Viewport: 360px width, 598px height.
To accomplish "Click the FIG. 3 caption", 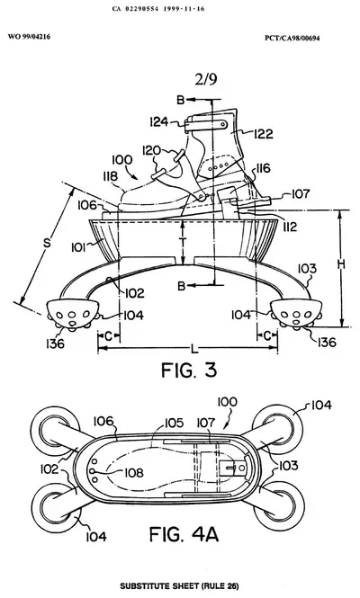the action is [x=189, y=370].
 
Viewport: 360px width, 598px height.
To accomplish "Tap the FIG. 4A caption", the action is [x=184, y=534].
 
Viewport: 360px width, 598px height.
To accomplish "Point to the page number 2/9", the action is [x=206, y=79].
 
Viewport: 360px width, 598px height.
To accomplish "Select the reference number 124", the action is [x=158, y=121].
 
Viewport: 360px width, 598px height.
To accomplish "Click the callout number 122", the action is [x=264, y=134].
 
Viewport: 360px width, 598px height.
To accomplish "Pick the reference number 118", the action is [x=110, y=176].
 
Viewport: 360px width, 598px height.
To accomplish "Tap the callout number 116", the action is [x=262, y=168].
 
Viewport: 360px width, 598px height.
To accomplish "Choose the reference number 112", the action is [x=290, y=228].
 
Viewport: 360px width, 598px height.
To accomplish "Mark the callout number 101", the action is [x=77, y=248].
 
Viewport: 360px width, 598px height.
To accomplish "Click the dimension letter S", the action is [x=47, y=243].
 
